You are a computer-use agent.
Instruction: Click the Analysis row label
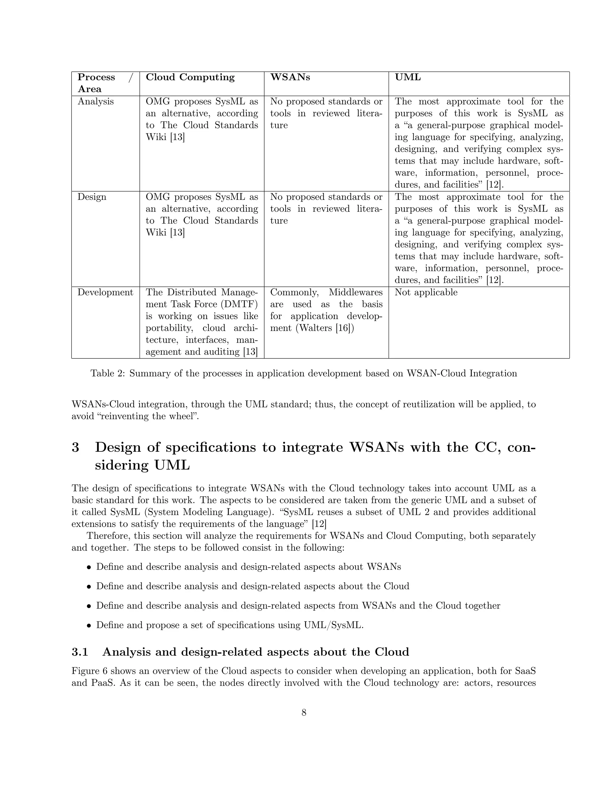point(96,102)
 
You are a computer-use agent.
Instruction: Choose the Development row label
point(105,292)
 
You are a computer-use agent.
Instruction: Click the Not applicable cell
point(426,292)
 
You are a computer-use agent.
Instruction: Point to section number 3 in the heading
point(75,448)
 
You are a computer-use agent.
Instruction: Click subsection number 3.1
point(80,652)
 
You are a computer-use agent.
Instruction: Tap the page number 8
point(304,712)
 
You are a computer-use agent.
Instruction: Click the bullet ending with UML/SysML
point(230,625)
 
